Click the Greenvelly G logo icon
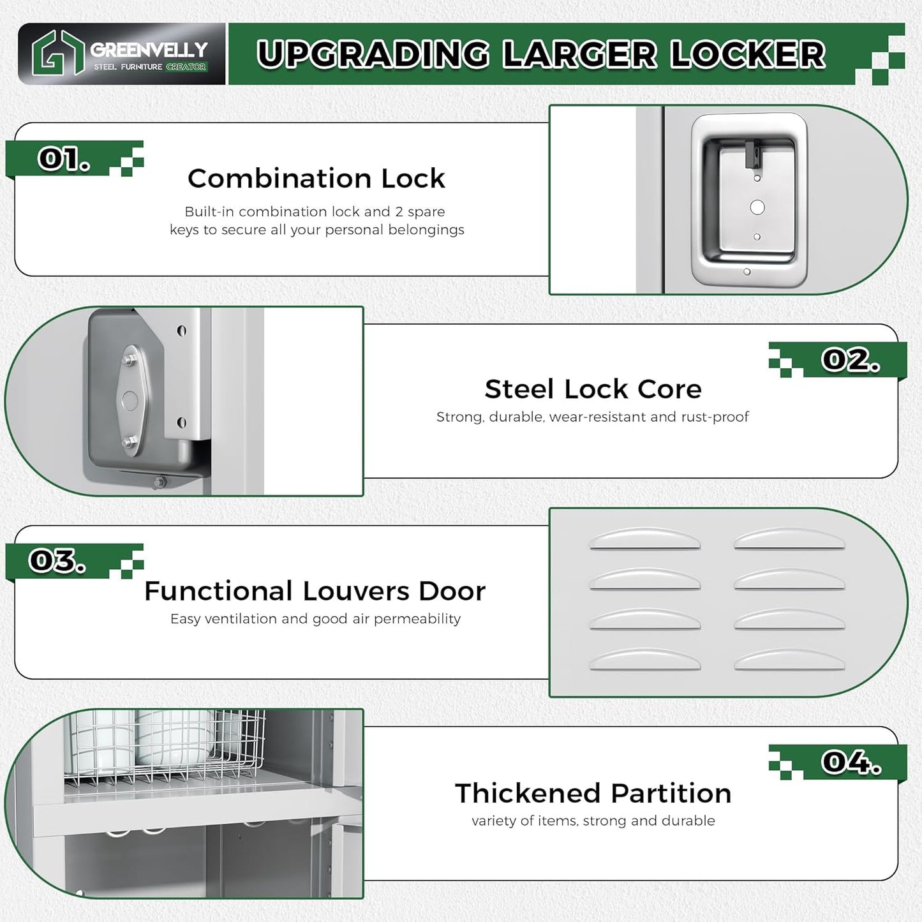click(57, 54)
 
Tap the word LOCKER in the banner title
click(748, 54)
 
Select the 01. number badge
click(63, 159)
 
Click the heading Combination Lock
click(316, 179)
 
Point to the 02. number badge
click(851, 360)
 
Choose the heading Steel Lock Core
click(593, 389)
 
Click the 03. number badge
click(57, 561)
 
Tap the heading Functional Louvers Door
click(315, 591)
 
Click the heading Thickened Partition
click(593, 794)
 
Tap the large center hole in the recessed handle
click(757, 207)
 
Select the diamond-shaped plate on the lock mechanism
click(130, 401)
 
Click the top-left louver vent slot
click(644, 540)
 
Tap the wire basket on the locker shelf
click(166, 747)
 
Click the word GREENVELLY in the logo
click(149, 49)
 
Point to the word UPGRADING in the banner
click(373, 54)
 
